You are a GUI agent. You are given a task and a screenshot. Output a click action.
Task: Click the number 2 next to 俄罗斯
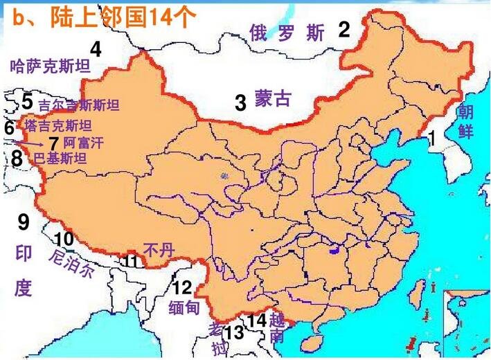[344, 30]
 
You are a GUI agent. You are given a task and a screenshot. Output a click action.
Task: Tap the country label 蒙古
[272, 99]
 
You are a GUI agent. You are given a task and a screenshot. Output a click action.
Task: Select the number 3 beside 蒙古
[240, 104]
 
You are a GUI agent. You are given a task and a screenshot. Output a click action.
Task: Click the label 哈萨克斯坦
[51, 67]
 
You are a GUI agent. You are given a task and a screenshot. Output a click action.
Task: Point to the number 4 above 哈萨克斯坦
[96, 50]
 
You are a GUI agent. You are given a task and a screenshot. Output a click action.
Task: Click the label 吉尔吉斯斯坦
[78, 105]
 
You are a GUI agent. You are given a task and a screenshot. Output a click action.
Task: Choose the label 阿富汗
[82, 143]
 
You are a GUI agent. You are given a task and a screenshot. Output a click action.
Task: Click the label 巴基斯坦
[60, 159]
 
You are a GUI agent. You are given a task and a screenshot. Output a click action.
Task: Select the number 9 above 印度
[24, 223]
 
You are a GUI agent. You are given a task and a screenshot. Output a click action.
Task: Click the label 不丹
[158, 250]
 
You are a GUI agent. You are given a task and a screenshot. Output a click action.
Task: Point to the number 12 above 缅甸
[182, 288]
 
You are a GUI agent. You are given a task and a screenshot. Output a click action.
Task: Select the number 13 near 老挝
[235, 333]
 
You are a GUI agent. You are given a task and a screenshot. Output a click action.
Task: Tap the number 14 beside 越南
[257, 321]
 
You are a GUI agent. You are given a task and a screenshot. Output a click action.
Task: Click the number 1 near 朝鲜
[432, 138]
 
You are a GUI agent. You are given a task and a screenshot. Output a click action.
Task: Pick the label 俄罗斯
[287, 33]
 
